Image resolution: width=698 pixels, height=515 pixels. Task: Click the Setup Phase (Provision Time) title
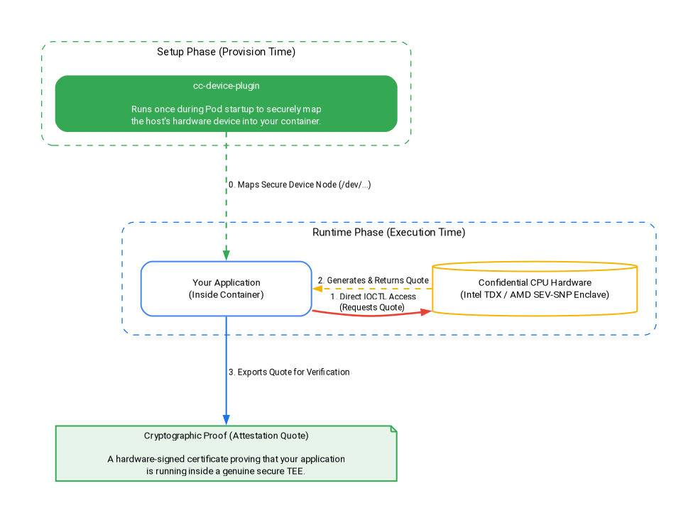(226, 52)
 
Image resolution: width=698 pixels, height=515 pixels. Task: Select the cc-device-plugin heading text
(226, 86)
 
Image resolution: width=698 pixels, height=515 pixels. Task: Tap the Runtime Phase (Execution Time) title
(388, 233)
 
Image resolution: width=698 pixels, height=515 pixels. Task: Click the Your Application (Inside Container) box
(226, 289)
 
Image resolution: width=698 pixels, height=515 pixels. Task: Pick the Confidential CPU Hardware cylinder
(535, 289)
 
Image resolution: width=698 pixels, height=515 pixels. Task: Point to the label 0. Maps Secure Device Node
(300, 184)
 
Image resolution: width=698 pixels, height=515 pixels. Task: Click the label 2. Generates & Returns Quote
(373, 281)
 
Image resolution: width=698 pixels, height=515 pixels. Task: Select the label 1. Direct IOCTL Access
(373, 297)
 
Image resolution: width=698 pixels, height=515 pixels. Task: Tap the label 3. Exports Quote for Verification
(289, 372)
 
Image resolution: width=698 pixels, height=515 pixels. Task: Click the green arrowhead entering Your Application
(226, 255)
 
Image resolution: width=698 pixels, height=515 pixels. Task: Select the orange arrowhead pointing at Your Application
(317, 289)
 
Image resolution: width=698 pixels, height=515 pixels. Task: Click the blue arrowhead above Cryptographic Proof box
(226, 420)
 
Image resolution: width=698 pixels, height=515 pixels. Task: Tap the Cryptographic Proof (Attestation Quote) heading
(226, 436)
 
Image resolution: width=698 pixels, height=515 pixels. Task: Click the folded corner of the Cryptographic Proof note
(393, 428)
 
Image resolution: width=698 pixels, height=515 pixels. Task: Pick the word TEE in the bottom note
(295, 472)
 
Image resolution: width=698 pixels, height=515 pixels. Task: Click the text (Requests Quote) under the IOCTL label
(372, 307)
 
